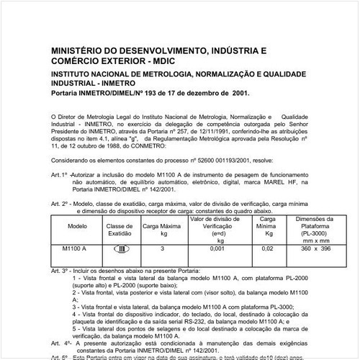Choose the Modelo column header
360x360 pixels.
pyautogui.click(x=77, y=225)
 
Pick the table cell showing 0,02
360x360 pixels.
pyautogui.click(x=267, y=248)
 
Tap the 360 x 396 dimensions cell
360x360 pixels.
pyautogui.click(x=315, y=248)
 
